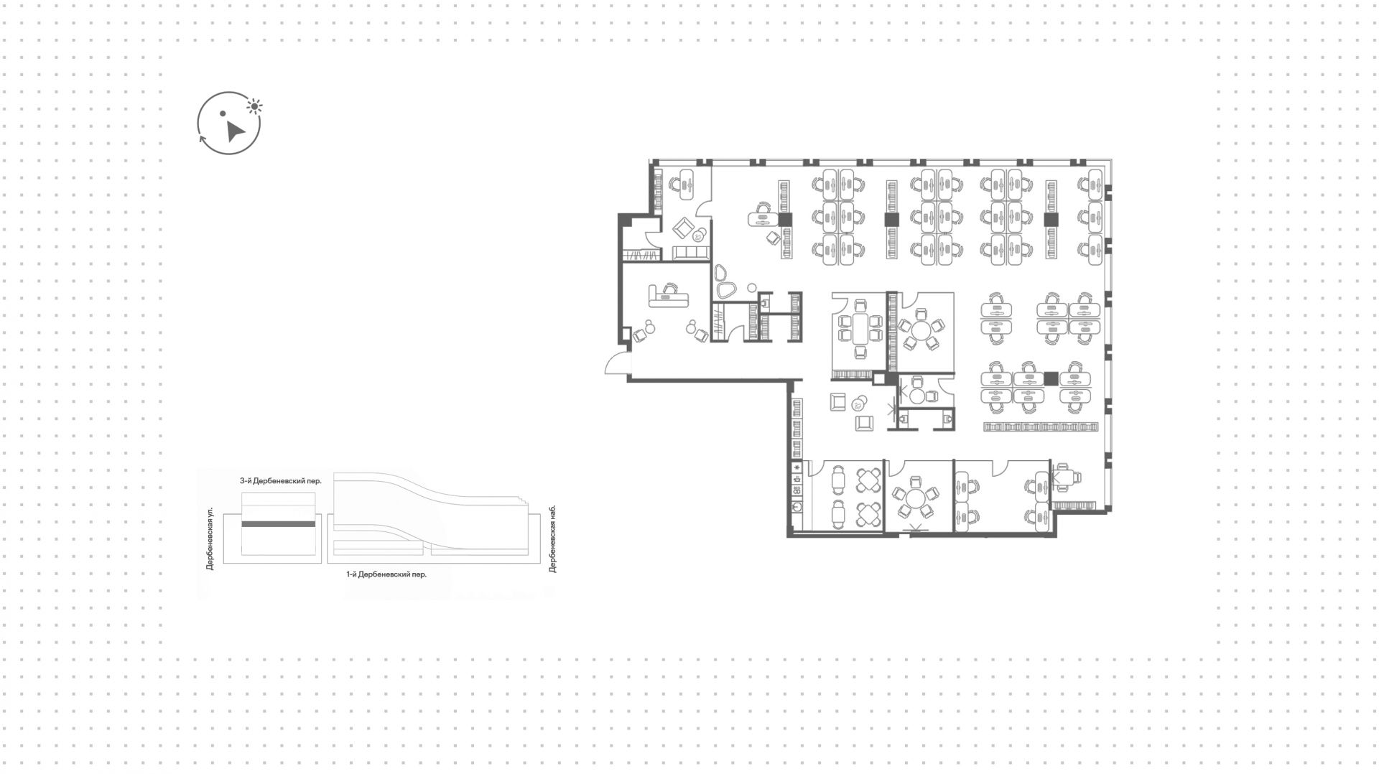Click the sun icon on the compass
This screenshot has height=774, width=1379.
[254, 107]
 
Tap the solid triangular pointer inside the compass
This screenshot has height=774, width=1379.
[233, 131]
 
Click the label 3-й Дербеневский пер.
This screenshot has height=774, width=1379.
[280, 481]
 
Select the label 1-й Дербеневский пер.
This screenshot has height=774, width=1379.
[386, 574]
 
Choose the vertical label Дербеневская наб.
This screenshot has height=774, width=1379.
[552, 538]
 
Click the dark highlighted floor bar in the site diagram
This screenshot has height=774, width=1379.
[278, 524]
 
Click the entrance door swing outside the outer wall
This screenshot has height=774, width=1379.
[616, 365]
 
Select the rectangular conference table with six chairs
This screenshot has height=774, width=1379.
[860, 329]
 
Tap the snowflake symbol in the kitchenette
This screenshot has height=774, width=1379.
[797, 468]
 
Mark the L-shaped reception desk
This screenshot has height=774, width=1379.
[164, 294]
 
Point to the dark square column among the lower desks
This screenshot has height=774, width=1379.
[1051, 378]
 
